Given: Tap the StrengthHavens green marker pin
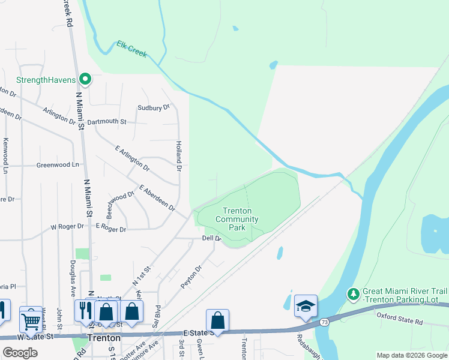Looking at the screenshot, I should (x=85, y=79).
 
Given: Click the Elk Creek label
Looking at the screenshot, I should (x=131, y=49).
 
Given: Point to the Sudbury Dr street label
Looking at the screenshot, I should (x=154, y=108).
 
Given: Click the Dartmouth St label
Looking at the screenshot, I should (x=107, y=122).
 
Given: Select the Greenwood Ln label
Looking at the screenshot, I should (x=58, y=164).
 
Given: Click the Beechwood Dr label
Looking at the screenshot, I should (x=121, y=204).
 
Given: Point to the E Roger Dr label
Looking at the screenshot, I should (x=111, y=229).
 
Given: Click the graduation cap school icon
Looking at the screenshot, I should (x=306, y=306).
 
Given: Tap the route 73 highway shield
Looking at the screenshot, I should (x=324, y=323).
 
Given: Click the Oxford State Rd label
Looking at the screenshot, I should (x=399, y=318).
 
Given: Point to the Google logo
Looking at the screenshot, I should (x=20, y=353).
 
